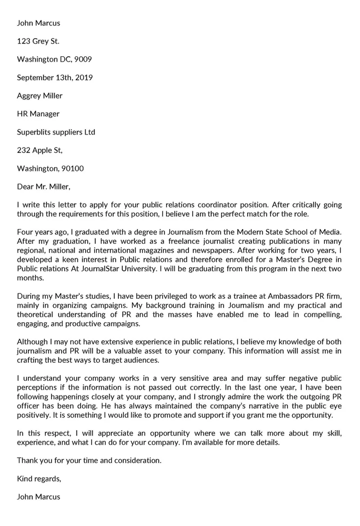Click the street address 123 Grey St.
coord(38,41)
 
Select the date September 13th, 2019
coord(54,77)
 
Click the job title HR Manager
coord(38,114)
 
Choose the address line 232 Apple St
coord(40,150)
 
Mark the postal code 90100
coord(72,169)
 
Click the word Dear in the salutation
coord(25,187)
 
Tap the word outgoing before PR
coord(312,396)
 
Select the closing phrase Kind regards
coord(39,479)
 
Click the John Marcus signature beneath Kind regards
coord(38,497)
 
